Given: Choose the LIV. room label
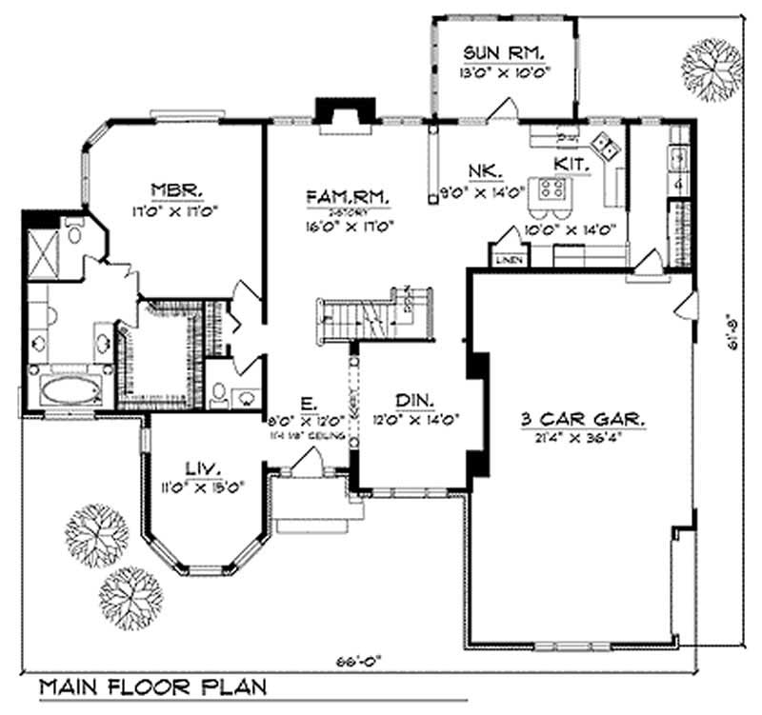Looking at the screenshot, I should point(203,467).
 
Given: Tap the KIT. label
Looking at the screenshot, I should point(572,164).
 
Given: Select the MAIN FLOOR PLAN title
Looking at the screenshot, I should point(152,686).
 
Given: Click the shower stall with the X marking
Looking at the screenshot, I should point(43,247).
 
